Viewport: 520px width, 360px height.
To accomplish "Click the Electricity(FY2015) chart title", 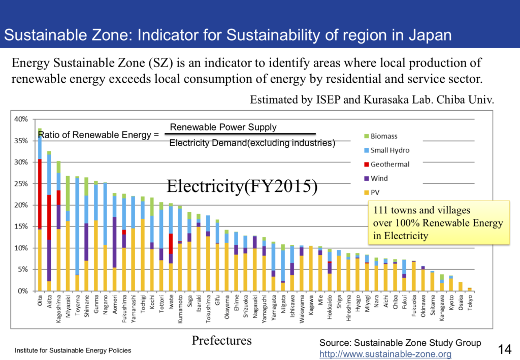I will tap(242, 187).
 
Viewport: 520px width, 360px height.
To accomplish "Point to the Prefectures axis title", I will tap(221, 340).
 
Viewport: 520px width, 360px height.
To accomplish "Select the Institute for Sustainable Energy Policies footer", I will tap(73, 350).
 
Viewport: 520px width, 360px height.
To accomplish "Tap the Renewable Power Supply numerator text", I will tap(223, 127).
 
